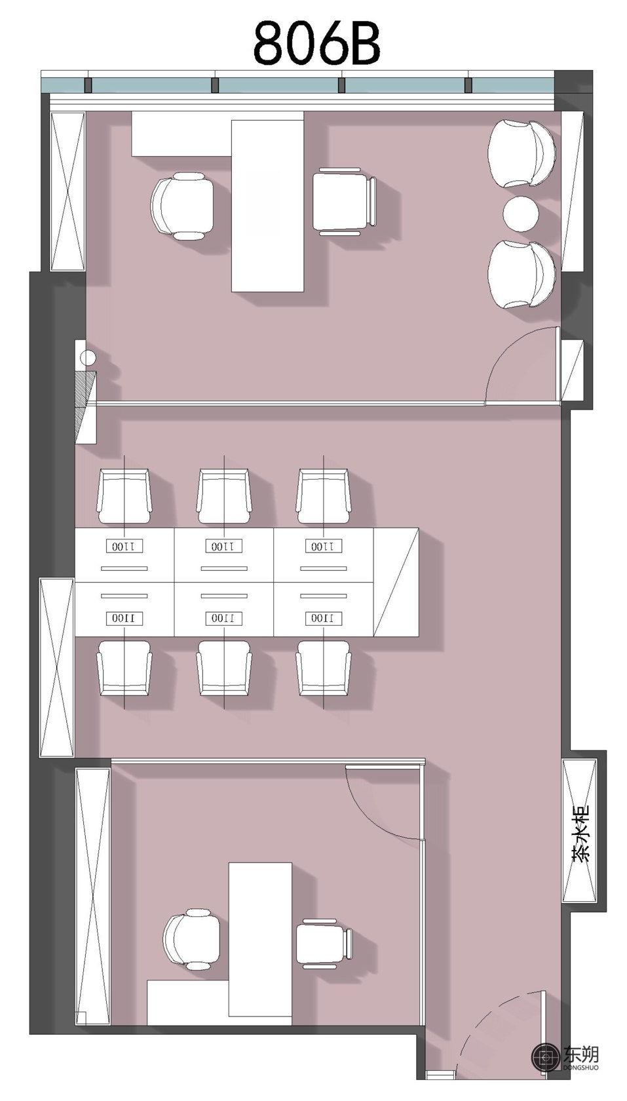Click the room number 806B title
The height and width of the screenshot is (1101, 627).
pos(317,42)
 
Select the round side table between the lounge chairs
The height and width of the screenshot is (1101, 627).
pos(521,214)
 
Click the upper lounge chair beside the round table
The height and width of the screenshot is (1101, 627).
pos(522,154)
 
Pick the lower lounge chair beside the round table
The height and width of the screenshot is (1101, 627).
pos(522,274)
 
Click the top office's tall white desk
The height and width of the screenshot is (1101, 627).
pos(268,206)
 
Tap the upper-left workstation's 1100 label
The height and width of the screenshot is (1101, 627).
pos(124,546)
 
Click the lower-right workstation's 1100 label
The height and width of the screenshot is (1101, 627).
pos(324,618)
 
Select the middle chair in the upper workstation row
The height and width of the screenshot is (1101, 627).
pos(224,497)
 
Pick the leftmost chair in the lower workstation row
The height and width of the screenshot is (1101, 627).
pos(124,667)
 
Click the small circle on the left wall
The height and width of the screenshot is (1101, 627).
pos(88,358)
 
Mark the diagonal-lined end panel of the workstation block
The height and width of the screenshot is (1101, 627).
pos(396,582)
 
